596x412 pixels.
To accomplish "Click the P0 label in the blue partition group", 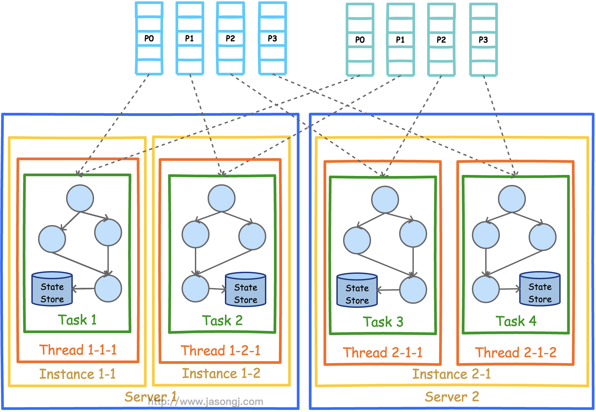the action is (x=149, y=38).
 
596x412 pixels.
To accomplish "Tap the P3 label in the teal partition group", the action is (x=483, y=40).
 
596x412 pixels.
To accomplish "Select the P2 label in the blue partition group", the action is (x=230, y=38).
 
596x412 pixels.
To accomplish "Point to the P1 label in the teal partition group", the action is (x=400, y=40).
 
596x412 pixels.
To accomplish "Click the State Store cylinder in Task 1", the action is (x=52, y=289).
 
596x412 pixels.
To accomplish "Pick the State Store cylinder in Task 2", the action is (x=246, y=289).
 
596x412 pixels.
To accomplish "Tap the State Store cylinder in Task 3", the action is (x=357, y=290).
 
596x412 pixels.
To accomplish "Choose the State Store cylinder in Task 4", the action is (x=540, y=289).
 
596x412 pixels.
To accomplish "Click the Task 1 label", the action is (x=77, y=320).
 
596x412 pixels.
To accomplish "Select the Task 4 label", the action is (x=516, y=321).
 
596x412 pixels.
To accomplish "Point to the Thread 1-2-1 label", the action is (x=221, y=351).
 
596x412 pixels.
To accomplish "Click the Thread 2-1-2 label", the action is (x=516, y=353).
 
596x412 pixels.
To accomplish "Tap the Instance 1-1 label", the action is (x=77, y=374).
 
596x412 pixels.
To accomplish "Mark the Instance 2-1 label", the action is (x=452, y=374).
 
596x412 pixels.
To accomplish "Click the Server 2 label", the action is (x=452, y=397).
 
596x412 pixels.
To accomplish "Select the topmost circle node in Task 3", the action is (x=385, y=200).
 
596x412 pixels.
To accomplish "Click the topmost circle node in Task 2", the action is (x=222, y=198).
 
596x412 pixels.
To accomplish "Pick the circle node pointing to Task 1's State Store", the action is (x=108, y=288).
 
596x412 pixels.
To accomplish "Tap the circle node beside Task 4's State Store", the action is (x=486, y=289).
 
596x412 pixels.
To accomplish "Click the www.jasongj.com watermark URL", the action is (x=206, y=402).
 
